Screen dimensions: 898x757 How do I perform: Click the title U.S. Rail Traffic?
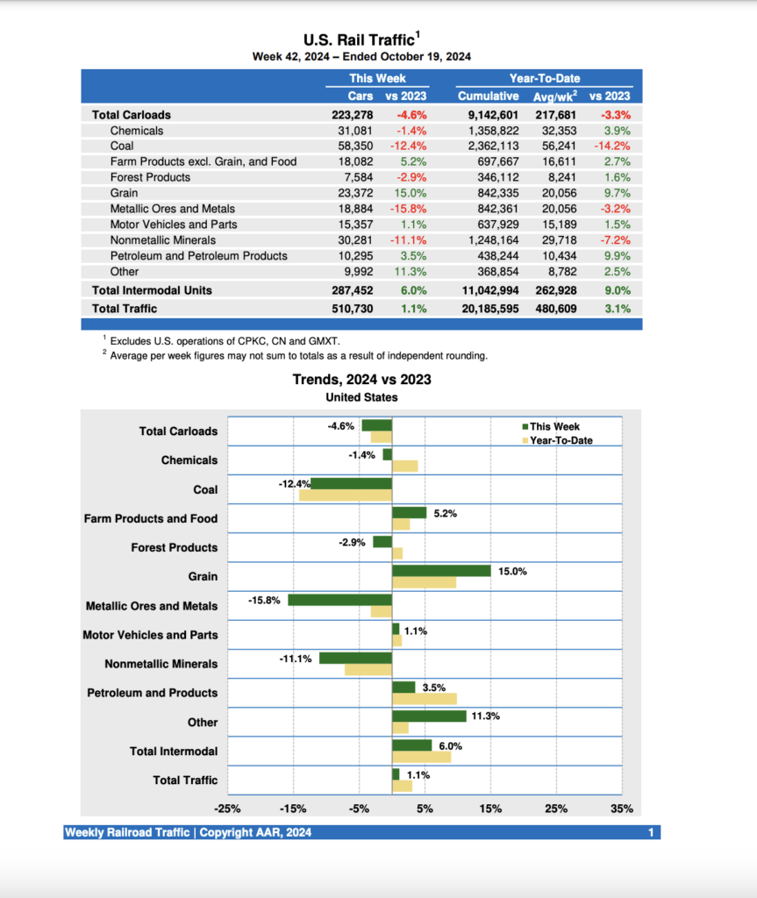tap(360, 39)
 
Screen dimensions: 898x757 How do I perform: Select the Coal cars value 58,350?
tap(354, 146)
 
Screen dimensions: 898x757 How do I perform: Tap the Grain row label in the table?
tap(124, 193)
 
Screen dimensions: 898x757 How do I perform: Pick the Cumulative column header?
tap(488, 96)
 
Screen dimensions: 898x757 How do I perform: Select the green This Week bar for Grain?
tap(440, 571)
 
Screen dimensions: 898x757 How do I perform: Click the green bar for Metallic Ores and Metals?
tap(339, 600)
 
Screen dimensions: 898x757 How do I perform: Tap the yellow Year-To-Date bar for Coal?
tap(346, 495)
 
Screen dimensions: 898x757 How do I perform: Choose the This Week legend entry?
tap(553, 426)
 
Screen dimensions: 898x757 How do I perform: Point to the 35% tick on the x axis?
tap(622, 809)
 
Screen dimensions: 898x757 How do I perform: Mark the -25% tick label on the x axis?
tap(228, 809)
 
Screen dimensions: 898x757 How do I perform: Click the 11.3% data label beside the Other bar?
tap(485, 716)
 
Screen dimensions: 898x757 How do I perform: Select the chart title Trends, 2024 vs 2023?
tap(361, 380)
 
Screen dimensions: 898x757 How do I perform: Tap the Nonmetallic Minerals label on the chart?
tap(161, 664)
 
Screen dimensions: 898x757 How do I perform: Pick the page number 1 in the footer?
tap(651, 832)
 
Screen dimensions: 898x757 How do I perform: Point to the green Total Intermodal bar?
tap(411, 745)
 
